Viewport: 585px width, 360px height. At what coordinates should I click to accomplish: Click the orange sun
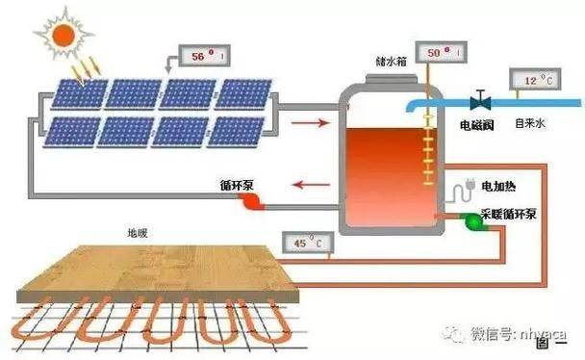(x=64, y=37)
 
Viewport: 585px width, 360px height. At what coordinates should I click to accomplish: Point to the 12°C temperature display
(x=534, y=81)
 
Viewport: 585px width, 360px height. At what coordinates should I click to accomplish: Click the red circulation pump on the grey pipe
(x=252, y=201)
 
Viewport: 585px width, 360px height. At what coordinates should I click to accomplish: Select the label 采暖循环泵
(x=507, y=208)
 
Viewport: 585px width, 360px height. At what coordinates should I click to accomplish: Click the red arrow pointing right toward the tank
(x=309, y=123)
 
